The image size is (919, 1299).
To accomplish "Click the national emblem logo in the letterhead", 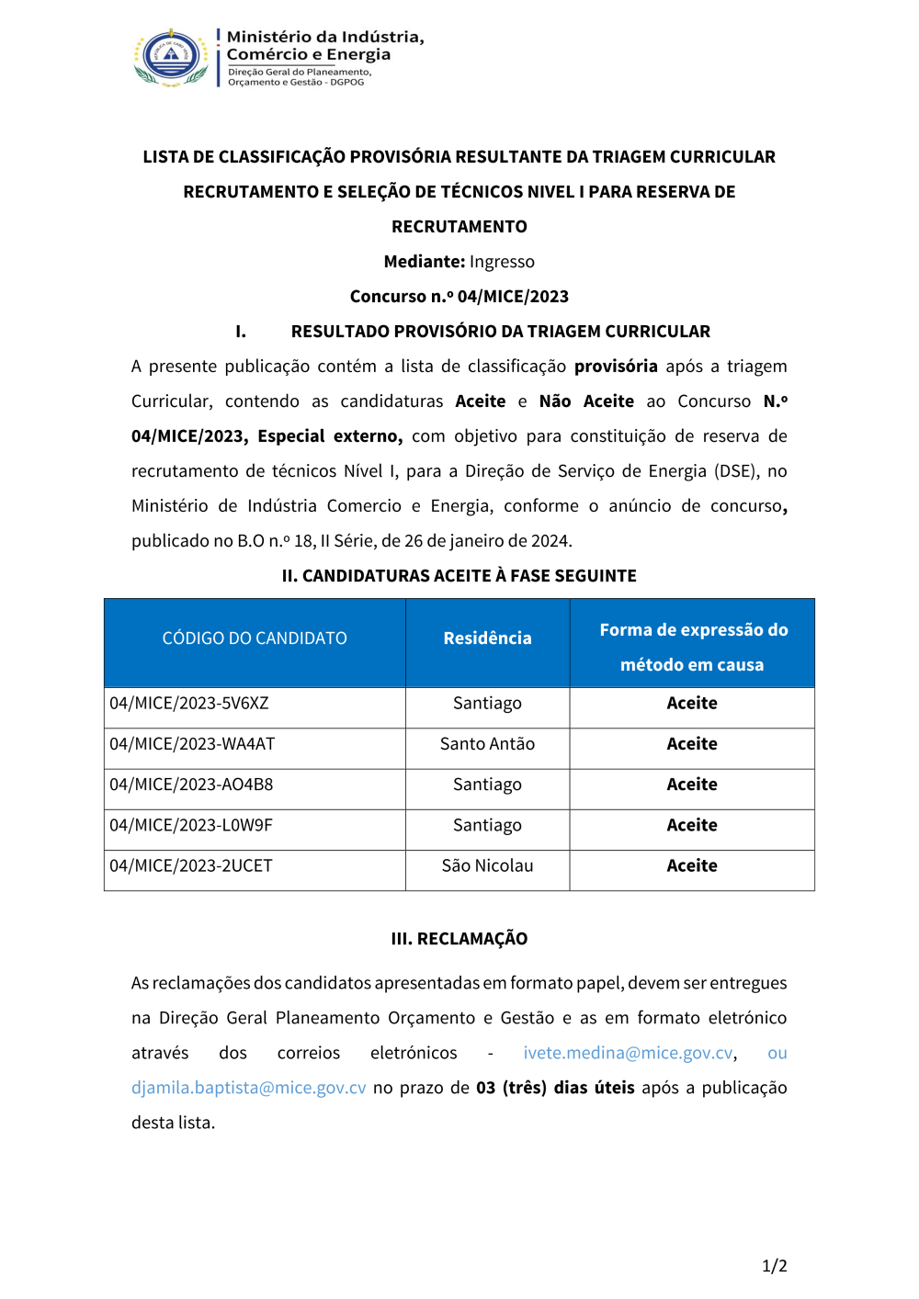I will tap(172, 57).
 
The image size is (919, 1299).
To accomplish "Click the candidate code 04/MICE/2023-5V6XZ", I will tap(189, 704).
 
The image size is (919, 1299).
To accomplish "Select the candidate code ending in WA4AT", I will tap(192, 744).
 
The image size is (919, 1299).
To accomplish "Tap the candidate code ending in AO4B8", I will tap(191, 785).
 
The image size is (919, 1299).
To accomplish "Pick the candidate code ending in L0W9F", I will tap(191, 825).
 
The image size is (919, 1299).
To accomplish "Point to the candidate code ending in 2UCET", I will tap(191, 865).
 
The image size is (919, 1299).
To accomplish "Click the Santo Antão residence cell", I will tap(487, 744).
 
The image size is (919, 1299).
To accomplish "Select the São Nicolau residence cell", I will tap(487, 865).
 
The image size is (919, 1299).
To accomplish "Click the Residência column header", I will tap(487, 638).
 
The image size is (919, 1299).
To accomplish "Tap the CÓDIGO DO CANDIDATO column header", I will tap(255, 638).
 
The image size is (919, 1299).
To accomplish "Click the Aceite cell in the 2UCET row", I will tap(692, 865).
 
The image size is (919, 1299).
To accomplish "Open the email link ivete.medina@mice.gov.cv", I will tap(629, 1053).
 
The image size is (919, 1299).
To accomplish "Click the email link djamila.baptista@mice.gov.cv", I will tap(249, 1088).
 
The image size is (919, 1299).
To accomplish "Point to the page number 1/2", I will tap(774, 1266).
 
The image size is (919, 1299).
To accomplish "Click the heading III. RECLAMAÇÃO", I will tap(459, 939).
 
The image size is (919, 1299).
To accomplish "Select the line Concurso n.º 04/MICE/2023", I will tap(459, 297).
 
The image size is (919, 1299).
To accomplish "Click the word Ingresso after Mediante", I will tap(502, 262).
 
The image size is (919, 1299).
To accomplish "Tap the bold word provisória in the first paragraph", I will tap(616, 367).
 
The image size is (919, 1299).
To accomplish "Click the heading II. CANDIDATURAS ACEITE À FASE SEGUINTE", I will tap(459, 576).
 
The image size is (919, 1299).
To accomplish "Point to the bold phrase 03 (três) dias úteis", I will tap(555, 1088).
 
